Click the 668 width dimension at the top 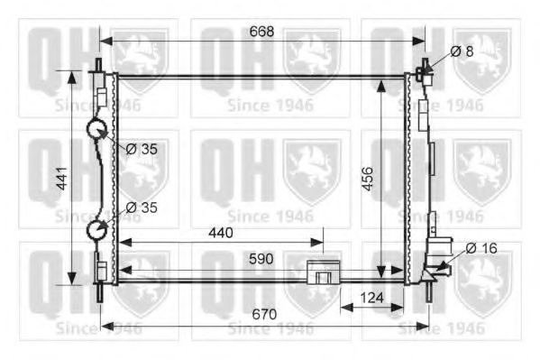[x=261, y=31]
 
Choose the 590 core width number [x=261, y=259]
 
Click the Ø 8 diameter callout [x=462, y=51]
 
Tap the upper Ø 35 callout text [x=142, y=149]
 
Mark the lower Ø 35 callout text [x=142, y=208]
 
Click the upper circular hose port [x=97, y=130]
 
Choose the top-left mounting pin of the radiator [x=98, y=66]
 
